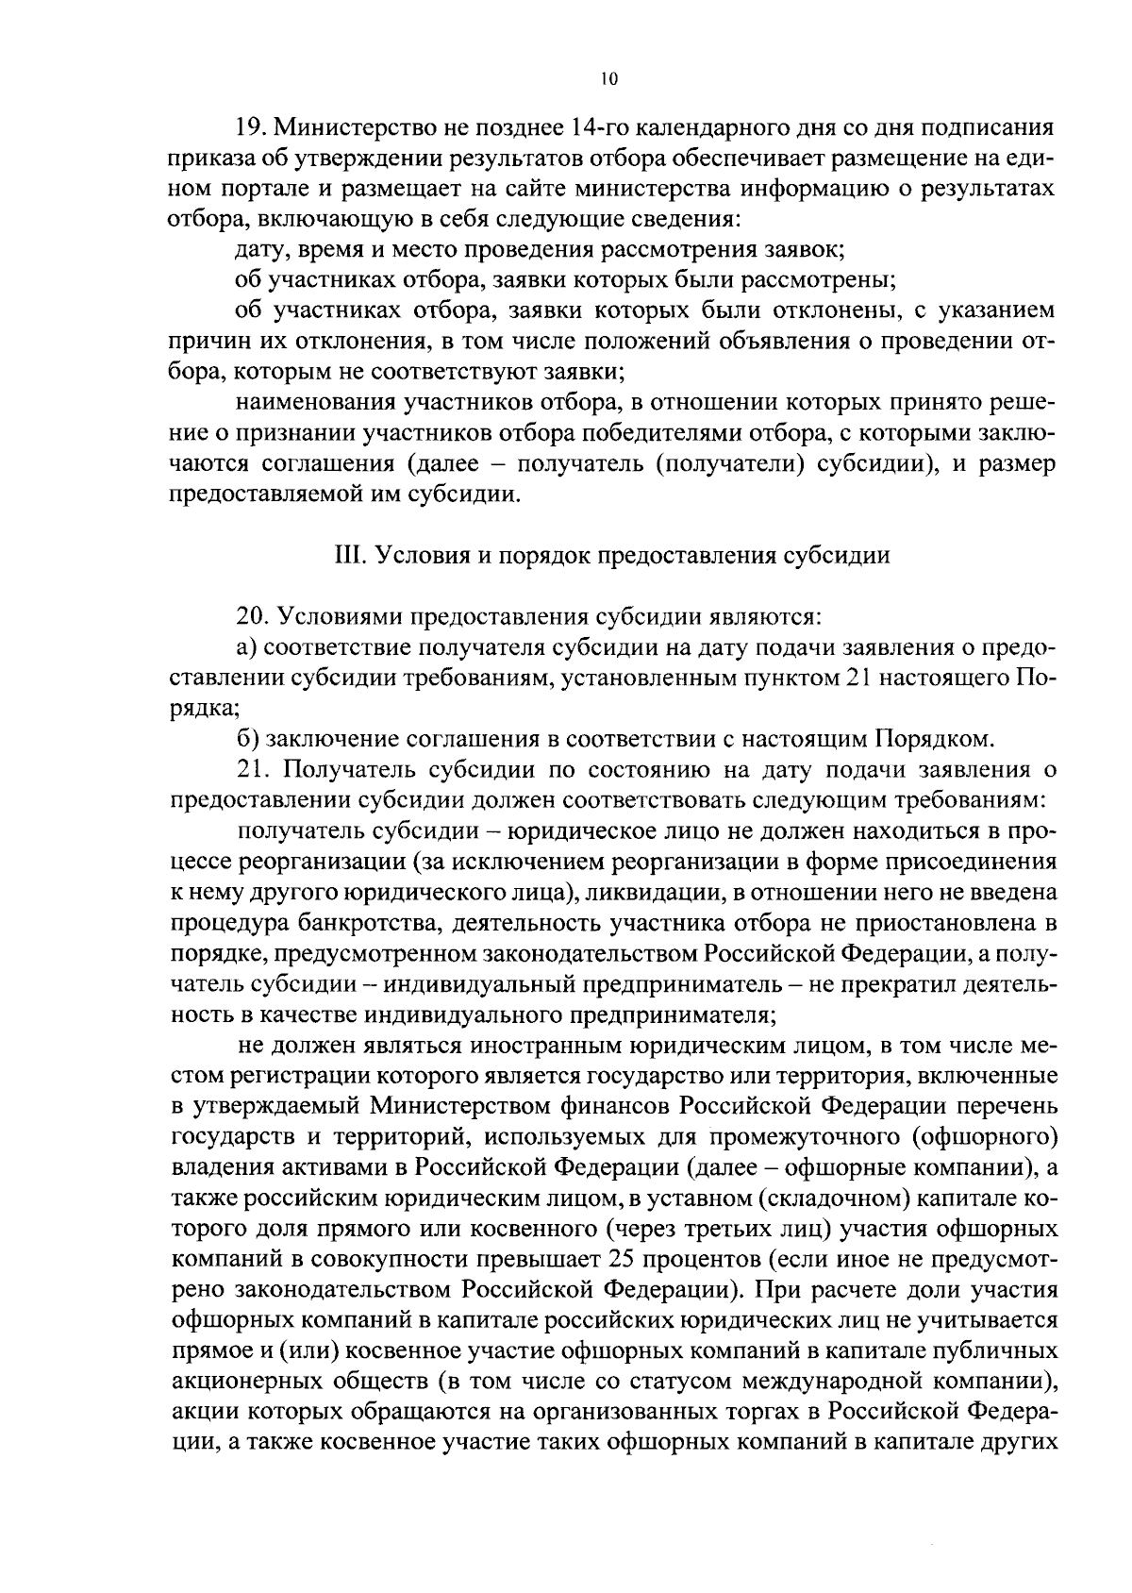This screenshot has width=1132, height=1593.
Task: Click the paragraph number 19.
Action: pyautogui.click(x=248, y=127)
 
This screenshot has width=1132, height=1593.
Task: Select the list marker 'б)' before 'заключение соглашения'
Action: pyautogui.click(x=245, y=737)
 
